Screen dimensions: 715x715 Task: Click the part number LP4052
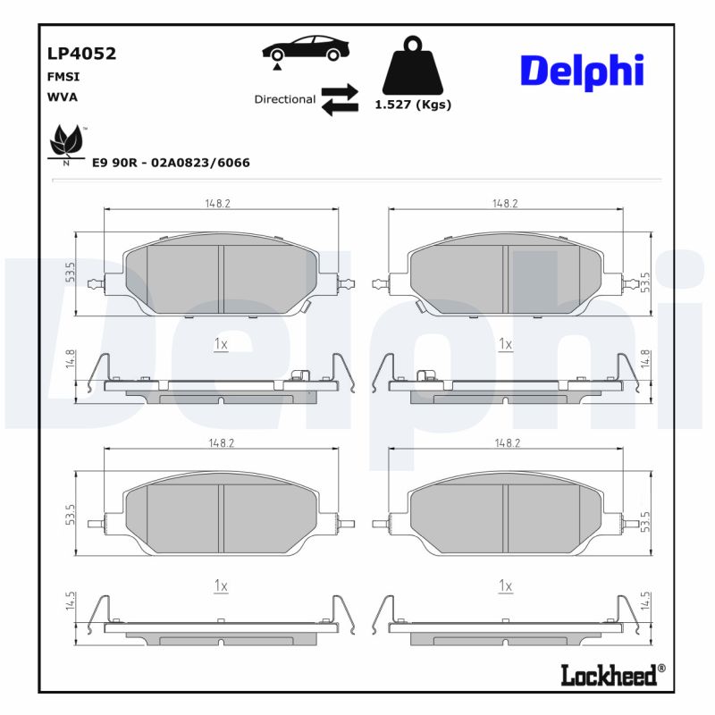point(81,54)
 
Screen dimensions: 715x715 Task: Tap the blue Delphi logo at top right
point(582,70)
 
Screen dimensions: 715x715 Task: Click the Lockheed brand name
point(609,675)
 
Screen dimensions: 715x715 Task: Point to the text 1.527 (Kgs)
point(412,105)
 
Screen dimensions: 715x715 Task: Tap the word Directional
point(284,99)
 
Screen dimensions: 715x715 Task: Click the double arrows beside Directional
point(340,100)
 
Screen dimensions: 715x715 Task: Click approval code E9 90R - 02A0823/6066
point(171,163)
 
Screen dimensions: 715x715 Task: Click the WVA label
point(62,97)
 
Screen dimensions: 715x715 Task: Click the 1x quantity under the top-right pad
point(505,344)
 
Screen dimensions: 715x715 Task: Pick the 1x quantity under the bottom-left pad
point(222,585)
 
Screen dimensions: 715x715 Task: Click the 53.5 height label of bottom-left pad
point(70,516)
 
